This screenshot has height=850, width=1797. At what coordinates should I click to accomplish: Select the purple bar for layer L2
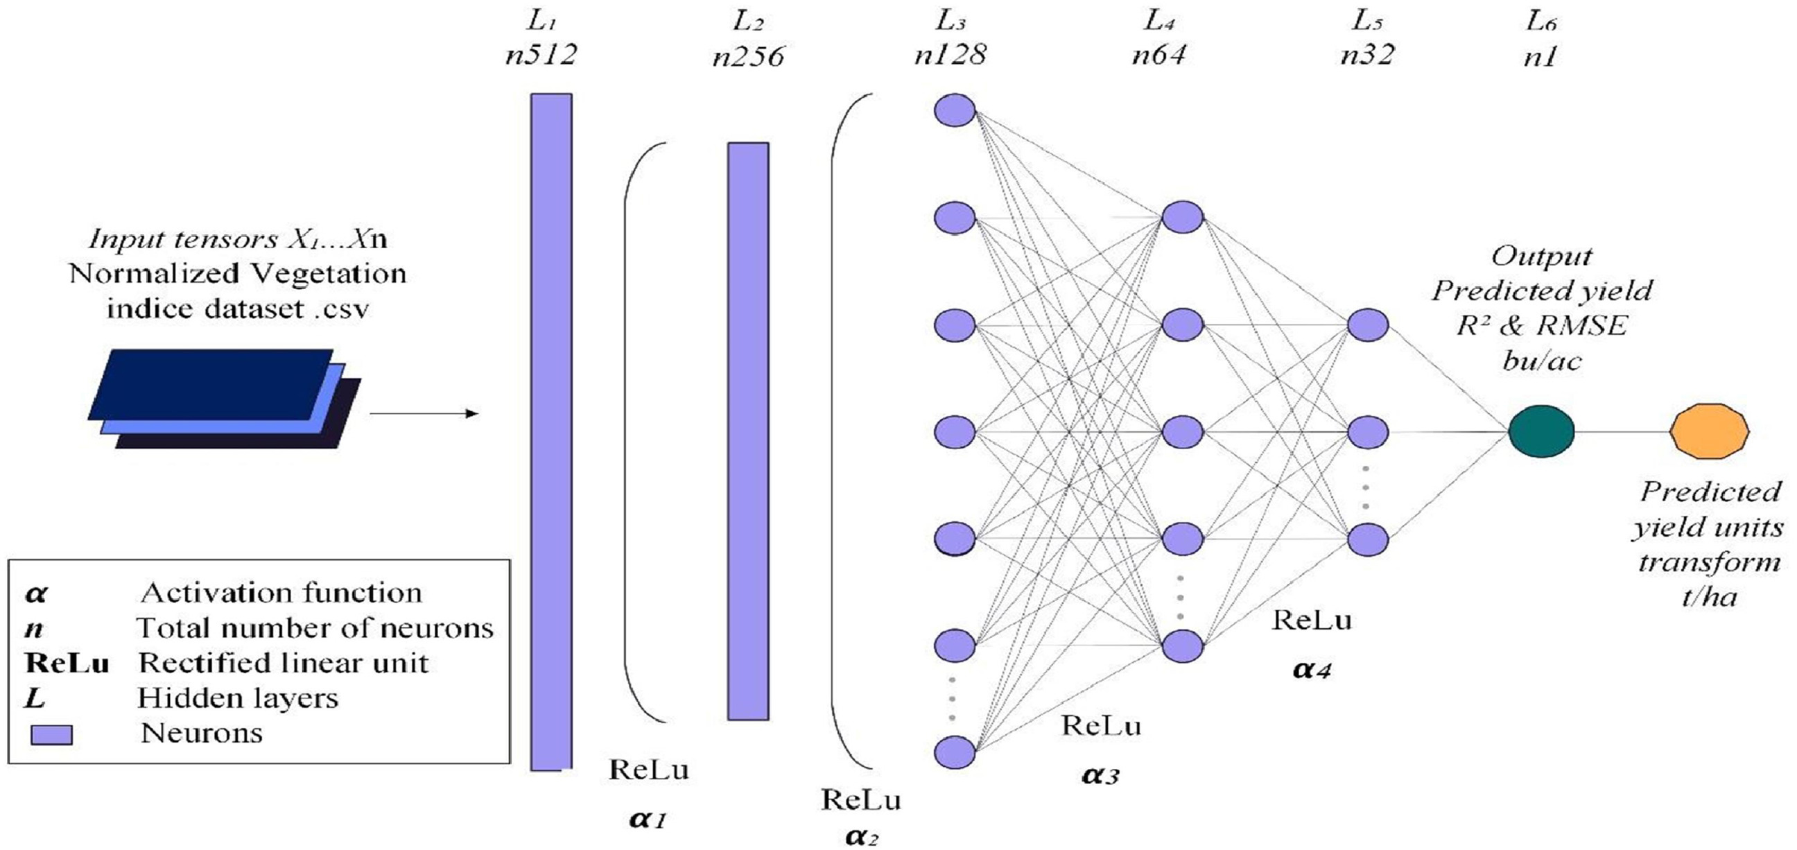748,431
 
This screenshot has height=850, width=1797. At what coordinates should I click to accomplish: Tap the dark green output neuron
1541,431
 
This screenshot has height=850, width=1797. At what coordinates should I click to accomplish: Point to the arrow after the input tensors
424,414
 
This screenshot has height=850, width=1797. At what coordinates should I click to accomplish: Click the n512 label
541,55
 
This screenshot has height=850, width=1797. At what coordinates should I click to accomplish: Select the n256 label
749,56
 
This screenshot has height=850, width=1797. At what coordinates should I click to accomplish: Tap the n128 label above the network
950,55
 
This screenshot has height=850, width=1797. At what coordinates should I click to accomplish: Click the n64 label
1158,55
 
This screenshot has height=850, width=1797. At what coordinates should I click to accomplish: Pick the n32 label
1367,55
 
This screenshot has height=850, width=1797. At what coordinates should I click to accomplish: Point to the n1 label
1540,56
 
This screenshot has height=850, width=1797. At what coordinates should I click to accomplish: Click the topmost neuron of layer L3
954,111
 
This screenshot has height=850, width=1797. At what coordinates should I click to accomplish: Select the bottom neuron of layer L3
954,752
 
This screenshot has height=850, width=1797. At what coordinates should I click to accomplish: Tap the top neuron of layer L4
1183,217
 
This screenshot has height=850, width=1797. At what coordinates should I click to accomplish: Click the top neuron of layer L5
1367,324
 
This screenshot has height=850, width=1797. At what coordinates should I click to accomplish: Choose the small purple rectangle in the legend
51,735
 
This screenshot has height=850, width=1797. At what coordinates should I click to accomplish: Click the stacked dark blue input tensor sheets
223,398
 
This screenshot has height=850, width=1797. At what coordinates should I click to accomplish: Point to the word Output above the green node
1542,256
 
